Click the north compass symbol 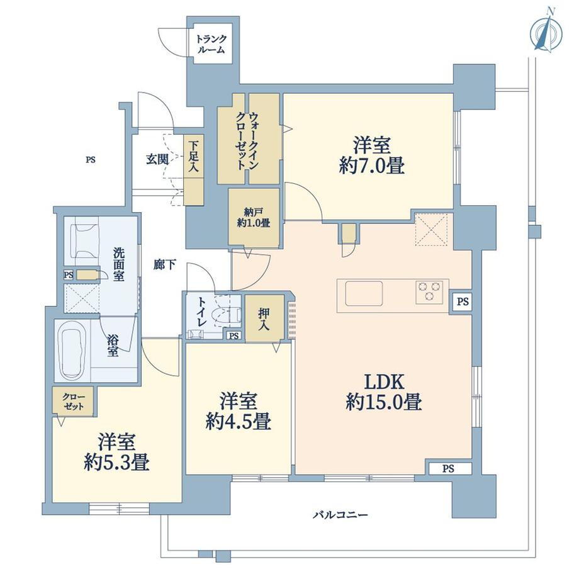pos(546,34)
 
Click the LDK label pos(385,382)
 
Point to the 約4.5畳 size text pos(239,421)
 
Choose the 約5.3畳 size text pos(116,462)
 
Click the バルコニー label pos(340,514)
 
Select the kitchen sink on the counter pos(364,293)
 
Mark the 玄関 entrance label pos(157,159)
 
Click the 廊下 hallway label pos(165,264)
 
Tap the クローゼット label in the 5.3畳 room pos(74,402)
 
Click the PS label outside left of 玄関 pos(91,160)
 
